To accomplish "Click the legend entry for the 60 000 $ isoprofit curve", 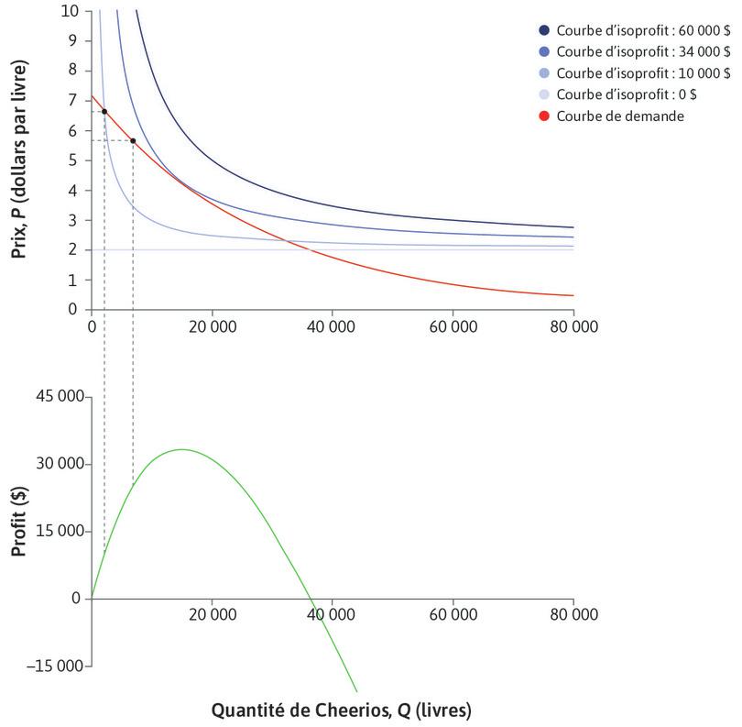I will [x=640, y=28].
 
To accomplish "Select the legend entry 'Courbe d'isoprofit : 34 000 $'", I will [x=640, y=51].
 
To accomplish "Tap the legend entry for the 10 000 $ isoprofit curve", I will [x=640, y=73].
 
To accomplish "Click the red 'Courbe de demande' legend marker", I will [x=546, y=116].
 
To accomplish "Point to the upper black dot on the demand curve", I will [x=104, y=112].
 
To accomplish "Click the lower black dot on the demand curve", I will [x=133, y=141].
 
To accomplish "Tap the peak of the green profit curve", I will [x=182, y=449].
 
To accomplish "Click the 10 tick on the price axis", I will [x=72, y=11].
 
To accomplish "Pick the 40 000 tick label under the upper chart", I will [x=332, y=326].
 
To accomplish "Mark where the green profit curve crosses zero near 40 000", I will [x=313, y=599].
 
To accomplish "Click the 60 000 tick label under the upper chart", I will [x=453, y=326].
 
